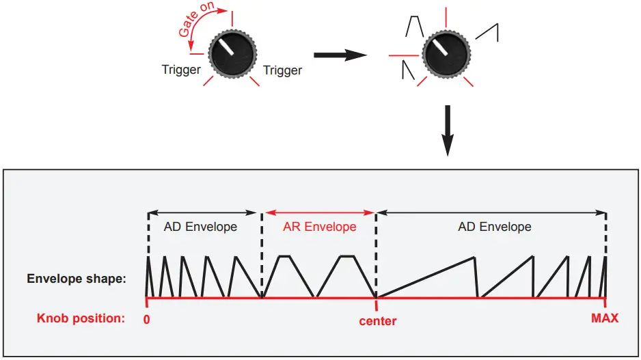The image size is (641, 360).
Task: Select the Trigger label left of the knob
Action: pyautogui.click(x=181, y=70)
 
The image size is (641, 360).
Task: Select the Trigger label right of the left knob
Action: pyautogui.click(x=282, y=70)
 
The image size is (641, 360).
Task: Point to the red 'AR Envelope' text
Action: pyautogui.click(x=319, y=227)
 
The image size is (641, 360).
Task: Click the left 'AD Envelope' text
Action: pyautogui.click(x=200, y=227)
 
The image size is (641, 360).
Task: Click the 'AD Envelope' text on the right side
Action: pyautogui.click(x=494, y=227)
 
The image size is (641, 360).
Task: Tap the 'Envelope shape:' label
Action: pyautogui.click(x=76, y=279)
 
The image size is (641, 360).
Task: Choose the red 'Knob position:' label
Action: pyautogui.click(x=81, y=318)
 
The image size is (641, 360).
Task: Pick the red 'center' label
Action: pyautogui.click(x=377, y=320)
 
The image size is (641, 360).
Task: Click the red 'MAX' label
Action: pyautogui.click(x=605, y=318)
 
